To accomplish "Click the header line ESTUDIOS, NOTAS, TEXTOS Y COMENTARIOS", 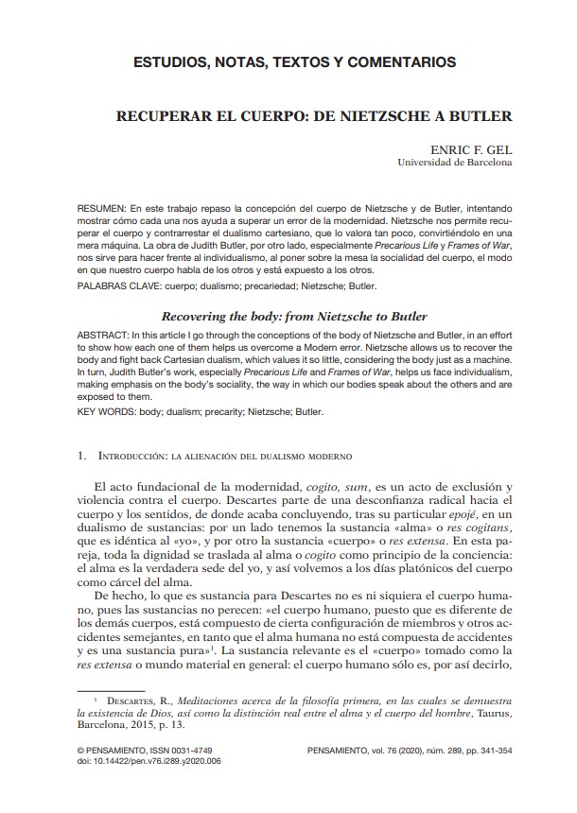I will point(294,62).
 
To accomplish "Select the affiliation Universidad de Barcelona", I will point(457,163).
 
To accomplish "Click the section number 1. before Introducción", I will point(82,456).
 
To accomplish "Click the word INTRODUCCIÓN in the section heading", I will point(131,456).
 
